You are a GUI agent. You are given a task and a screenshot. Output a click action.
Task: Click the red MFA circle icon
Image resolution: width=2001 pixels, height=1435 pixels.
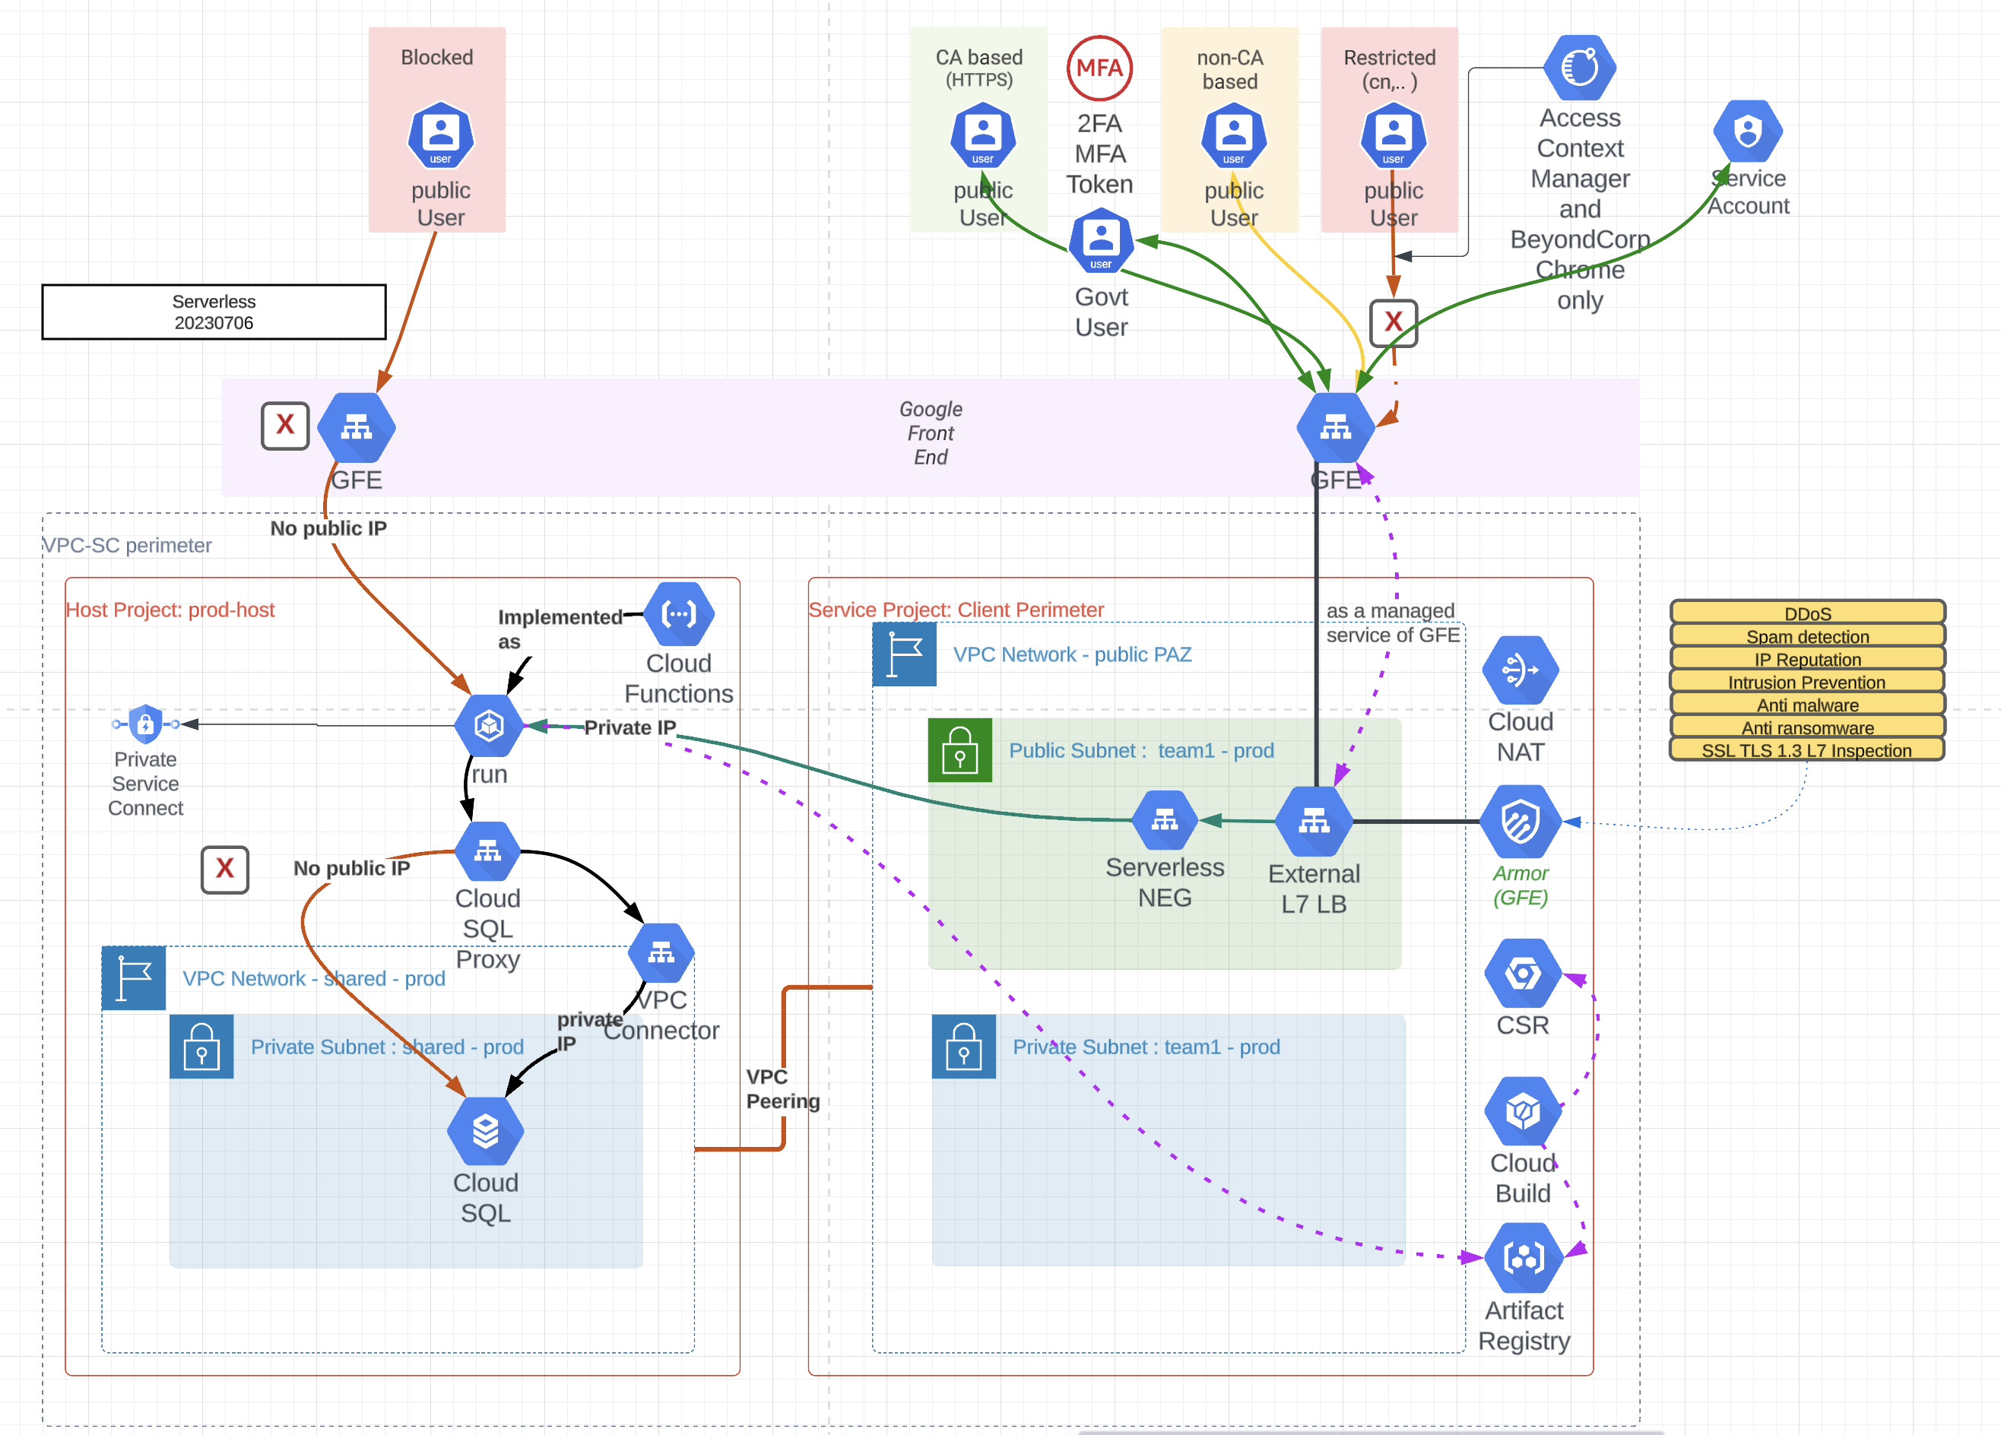point(1099,68)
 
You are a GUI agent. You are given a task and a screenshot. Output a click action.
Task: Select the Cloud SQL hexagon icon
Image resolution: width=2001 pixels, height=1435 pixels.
point(485,1131)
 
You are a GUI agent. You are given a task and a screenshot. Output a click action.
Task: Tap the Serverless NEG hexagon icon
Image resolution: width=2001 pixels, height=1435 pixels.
point(1165,821)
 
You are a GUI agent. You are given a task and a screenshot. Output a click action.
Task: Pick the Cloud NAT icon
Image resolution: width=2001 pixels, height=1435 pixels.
point(1521,670)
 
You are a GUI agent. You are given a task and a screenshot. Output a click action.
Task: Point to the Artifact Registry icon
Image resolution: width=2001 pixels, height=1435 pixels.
point(1524,1258)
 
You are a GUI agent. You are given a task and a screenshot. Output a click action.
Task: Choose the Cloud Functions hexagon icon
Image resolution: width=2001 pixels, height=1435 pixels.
point(678,614)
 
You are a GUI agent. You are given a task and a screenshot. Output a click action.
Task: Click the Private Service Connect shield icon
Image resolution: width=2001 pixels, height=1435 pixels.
point(145,724)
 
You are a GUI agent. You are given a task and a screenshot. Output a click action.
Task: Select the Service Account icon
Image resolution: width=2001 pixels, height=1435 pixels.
point(1748,132)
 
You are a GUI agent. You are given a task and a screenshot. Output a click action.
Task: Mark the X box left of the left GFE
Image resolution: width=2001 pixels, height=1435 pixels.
point(285,426)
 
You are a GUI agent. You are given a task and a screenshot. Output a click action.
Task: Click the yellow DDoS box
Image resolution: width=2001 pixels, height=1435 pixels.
point(1807,613)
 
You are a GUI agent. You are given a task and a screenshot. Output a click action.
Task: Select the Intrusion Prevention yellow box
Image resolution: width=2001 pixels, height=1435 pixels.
point(1807,682)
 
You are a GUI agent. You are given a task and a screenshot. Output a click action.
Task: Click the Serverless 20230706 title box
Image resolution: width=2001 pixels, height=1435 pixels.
point(214,312)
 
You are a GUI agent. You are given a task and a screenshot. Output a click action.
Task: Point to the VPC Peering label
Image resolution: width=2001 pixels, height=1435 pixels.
point(782,1089)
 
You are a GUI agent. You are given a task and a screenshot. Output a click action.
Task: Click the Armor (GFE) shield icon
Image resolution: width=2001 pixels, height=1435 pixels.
point(1521,822)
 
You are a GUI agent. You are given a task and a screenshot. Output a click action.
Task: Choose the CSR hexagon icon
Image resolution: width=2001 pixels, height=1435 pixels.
point(1523,974)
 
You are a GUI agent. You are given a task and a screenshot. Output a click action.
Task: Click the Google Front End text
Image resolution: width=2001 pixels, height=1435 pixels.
point(930,433)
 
